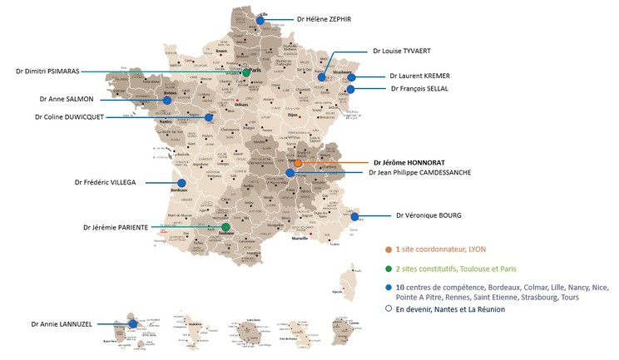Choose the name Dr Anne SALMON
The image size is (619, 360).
coord(66,99)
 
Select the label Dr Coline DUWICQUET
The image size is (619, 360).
coord(69,117)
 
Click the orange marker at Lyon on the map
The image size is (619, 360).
coord(298,164)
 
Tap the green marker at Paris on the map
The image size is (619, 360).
coord(246,73)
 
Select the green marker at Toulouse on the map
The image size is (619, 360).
coord(225,226)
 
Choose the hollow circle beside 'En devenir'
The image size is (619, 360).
coord(389,309)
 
